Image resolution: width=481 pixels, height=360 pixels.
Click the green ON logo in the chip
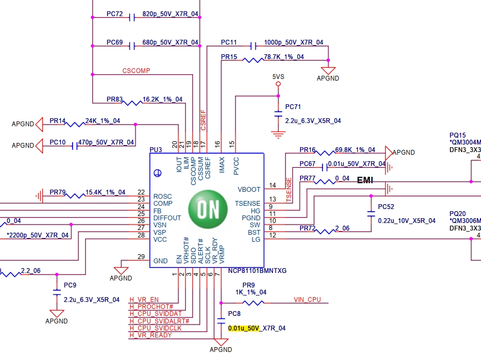208,209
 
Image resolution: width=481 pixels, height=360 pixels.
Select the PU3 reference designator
155,150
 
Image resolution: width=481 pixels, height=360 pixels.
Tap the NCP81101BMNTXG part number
257,271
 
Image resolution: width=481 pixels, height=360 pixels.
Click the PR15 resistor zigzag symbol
253,60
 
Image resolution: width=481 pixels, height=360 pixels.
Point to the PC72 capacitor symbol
132,18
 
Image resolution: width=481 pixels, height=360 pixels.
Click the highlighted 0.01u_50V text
243,328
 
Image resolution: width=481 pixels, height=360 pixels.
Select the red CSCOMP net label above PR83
136,71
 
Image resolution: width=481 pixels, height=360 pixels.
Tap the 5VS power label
278,77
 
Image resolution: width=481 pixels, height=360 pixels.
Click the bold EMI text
365,180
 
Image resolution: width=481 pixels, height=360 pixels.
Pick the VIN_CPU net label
307,300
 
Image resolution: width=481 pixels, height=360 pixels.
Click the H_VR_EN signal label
144,300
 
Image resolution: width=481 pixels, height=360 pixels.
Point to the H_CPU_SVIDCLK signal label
155,328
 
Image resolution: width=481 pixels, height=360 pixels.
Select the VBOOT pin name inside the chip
249,190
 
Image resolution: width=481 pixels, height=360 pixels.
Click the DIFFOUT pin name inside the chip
167,218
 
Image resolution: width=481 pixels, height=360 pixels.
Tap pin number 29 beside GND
141,257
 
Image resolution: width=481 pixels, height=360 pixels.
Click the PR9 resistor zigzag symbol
253,303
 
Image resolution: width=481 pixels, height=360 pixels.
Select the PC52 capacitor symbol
371,214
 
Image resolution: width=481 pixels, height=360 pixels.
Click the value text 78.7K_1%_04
284,57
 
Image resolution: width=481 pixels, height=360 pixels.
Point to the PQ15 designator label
457,135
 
